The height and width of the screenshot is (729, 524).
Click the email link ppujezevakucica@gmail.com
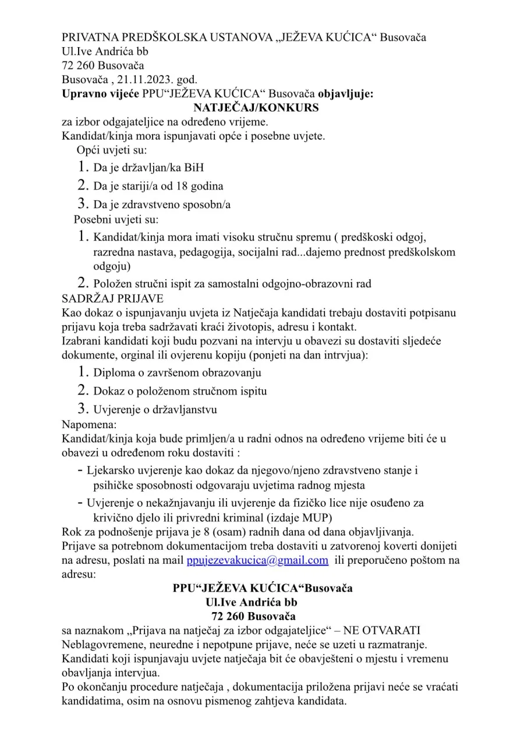(x=257, y=560)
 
